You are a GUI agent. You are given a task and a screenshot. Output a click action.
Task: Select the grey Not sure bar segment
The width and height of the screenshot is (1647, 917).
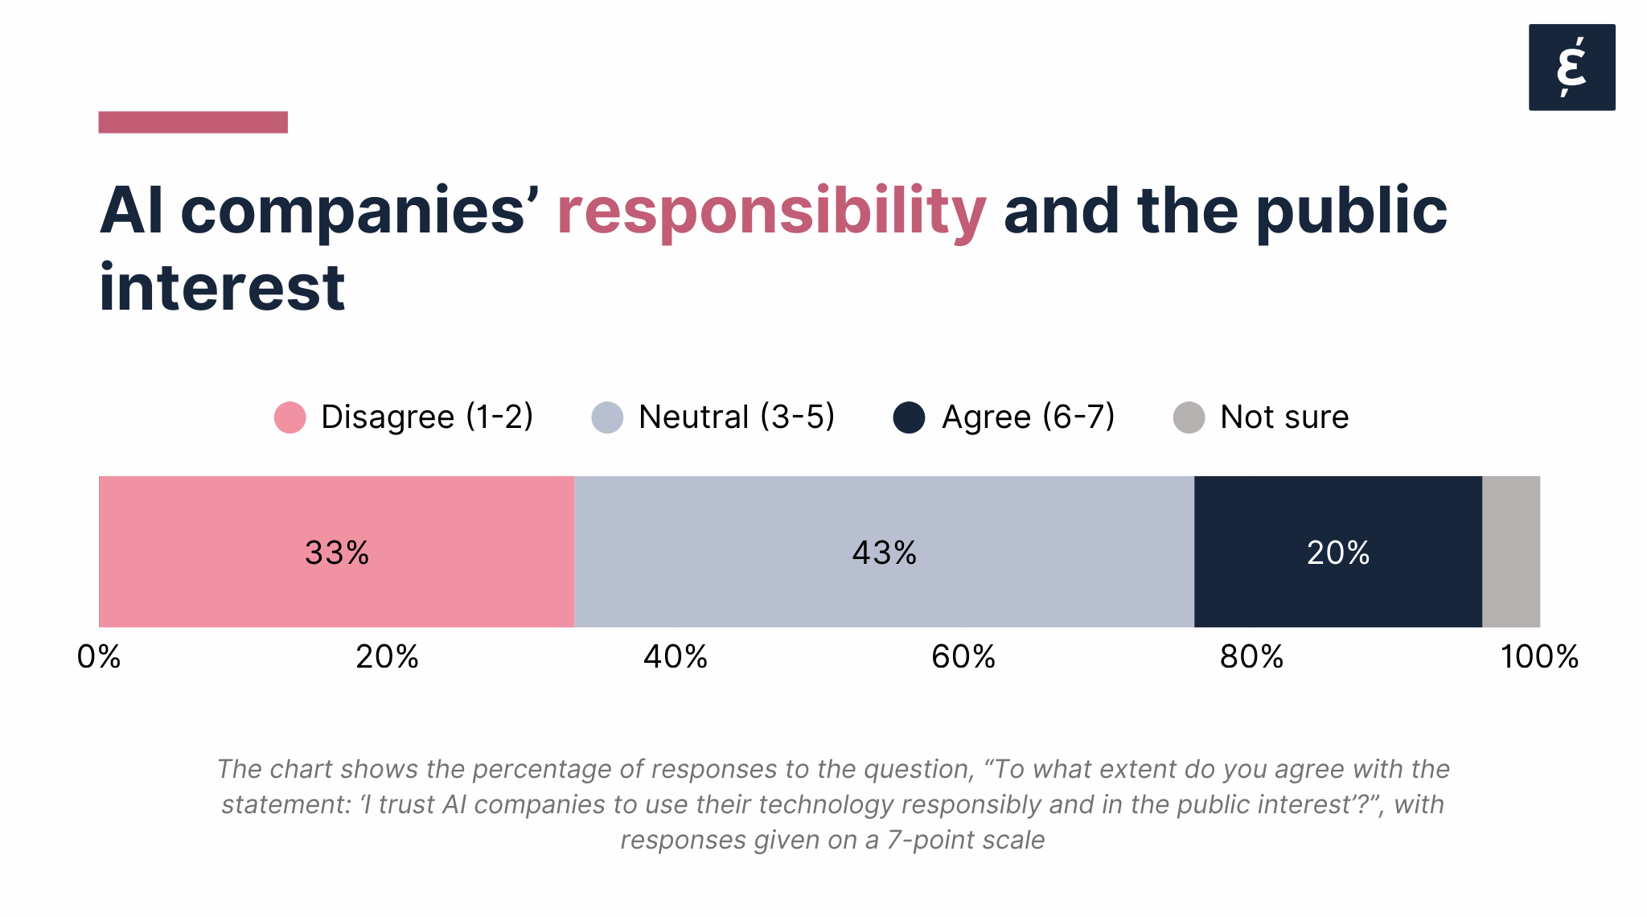point(1510,551)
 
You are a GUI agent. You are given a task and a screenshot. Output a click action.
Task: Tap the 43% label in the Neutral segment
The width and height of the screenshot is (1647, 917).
point(884,553)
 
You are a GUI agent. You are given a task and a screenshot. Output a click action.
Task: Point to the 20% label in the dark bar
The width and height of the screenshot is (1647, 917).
point(1337,553)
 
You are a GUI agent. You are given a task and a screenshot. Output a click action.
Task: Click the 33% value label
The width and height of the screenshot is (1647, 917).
point(336,553)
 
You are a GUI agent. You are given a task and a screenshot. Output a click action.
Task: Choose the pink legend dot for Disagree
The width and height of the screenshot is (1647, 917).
point(290,417)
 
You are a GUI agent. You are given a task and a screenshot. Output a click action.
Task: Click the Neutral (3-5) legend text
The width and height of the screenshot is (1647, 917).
point(736,417)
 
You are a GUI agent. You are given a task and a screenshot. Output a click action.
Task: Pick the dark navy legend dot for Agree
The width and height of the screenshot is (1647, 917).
point(909,417)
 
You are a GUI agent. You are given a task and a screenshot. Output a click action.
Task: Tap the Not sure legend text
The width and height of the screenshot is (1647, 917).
point(1284,417)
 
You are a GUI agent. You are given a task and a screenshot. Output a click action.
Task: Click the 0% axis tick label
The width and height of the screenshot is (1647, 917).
point(99,656)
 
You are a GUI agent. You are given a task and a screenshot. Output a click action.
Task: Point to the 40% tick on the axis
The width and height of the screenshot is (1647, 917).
point(675,656)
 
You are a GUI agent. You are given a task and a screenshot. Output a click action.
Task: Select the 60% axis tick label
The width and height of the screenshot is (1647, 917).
point(963,656)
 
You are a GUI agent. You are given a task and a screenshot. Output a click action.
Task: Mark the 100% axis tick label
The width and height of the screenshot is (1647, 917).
point(1538,656)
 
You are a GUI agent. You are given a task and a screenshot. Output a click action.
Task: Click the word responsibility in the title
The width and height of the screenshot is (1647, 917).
point(770,212)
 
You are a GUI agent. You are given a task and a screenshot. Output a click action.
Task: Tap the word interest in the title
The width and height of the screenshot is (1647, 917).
point(222,288)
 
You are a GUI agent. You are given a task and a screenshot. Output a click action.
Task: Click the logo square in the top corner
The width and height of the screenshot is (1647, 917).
point(1571,67)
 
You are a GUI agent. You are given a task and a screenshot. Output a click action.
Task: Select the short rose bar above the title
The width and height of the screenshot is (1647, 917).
point(193,122)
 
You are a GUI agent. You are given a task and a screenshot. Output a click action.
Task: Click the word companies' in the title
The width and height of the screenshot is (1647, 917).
point(359,212)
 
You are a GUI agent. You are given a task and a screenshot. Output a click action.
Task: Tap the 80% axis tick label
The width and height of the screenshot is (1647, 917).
point(1251,656)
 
